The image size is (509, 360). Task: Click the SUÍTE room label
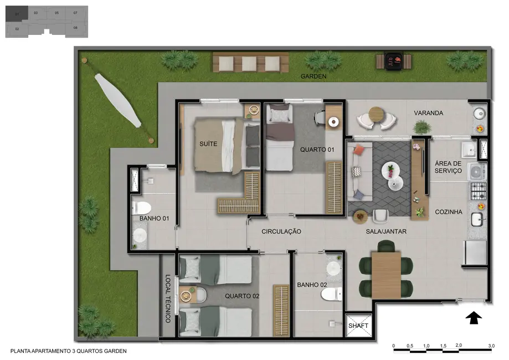(x=208, y=144)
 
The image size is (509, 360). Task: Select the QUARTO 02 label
(x=242, y=296)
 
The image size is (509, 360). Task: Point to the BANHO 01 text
(x=154, y=219)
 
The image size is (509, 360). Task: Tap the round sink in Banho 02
(x=333, y=268)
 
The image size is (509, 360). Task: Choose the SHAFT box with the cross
(x=358, y=326)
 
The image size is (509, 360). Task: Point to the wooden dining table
(x=385, y=274)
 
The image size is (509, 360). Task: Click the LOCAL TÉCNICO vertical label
(x=168, y=299)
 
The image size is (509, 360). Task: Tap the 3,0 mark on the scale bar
(x=491, y=346)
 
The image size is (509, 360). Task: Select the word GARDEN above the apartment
(x=313, y=76)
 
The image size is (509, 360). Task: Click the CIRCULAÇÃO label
(x=281, y=232)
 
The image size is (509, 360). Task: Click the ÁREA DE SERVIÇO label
(x=448, y=167)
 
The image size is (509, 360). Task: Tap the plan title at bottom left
(x=69, y=351)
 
